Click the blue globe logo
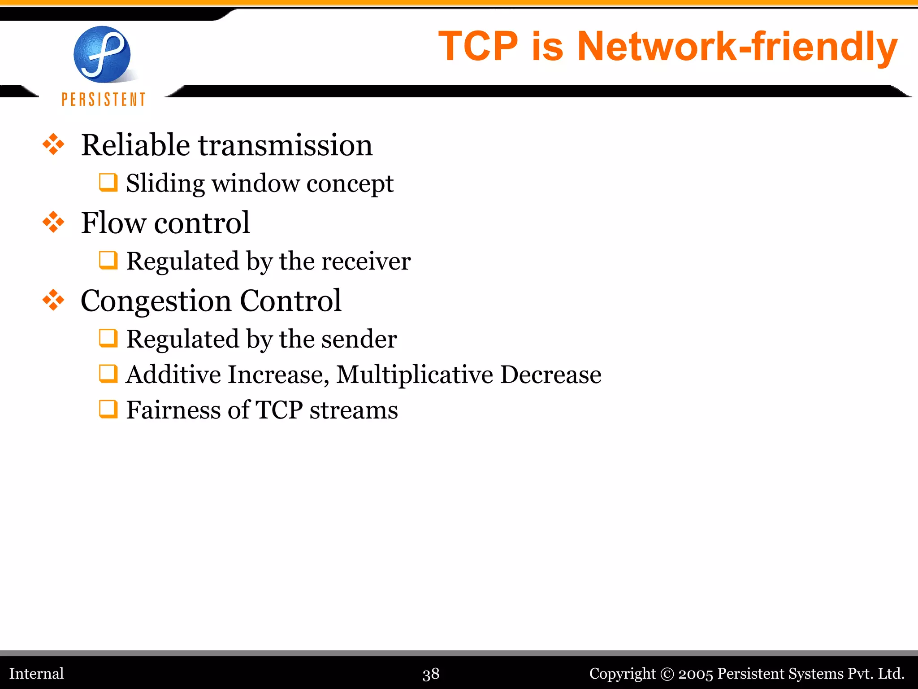tap(102, 54)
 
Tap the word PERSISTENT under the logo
tap(104, 99)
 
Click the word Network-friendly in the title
tap(737, 46)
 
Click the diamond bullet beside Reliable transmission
tap(53, 144)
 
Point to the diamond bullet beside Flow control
tap(53, 222)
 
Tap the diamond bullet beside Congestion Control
tap(53, 300)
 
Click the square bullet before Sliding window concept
tap(108, 183)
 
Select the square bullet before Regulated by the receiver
tap(108, 260)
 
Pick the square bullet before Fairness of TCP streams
tap(108, 409)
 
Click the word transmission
tap(285, 145)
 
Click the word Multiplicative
tap(414, 375)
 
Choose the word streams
tap(353, 410)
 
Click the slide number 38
tap(431, 674)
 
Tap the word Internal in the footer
tap(37, 673)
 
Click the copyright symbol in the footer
tap(667, 674)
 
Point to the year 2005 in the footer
tap(695, 674)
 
